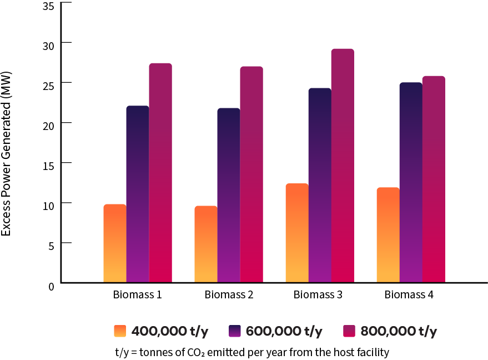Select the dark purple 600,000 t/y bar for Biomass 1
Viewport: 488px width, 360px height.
(138, 194)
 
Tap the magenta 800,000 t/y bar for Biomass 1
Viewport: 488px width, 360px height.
(160, 173)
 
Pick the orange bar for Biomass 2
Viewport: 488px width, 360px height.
(206, 244)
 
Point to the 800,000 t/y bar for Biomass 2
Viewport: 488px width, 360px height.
(251, 174)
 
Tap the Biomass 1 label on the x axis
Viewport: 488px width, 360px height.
(138, 295)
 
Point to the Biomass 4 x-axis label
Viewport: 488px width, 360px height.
(409, 295)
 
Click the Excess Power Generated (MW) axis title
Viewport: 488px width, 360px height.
(7, 153)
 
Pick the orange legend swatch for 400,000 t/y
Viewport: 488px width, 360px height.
(120, 331)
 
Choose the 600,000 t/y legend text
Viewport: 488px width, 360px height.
(284, 331)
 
